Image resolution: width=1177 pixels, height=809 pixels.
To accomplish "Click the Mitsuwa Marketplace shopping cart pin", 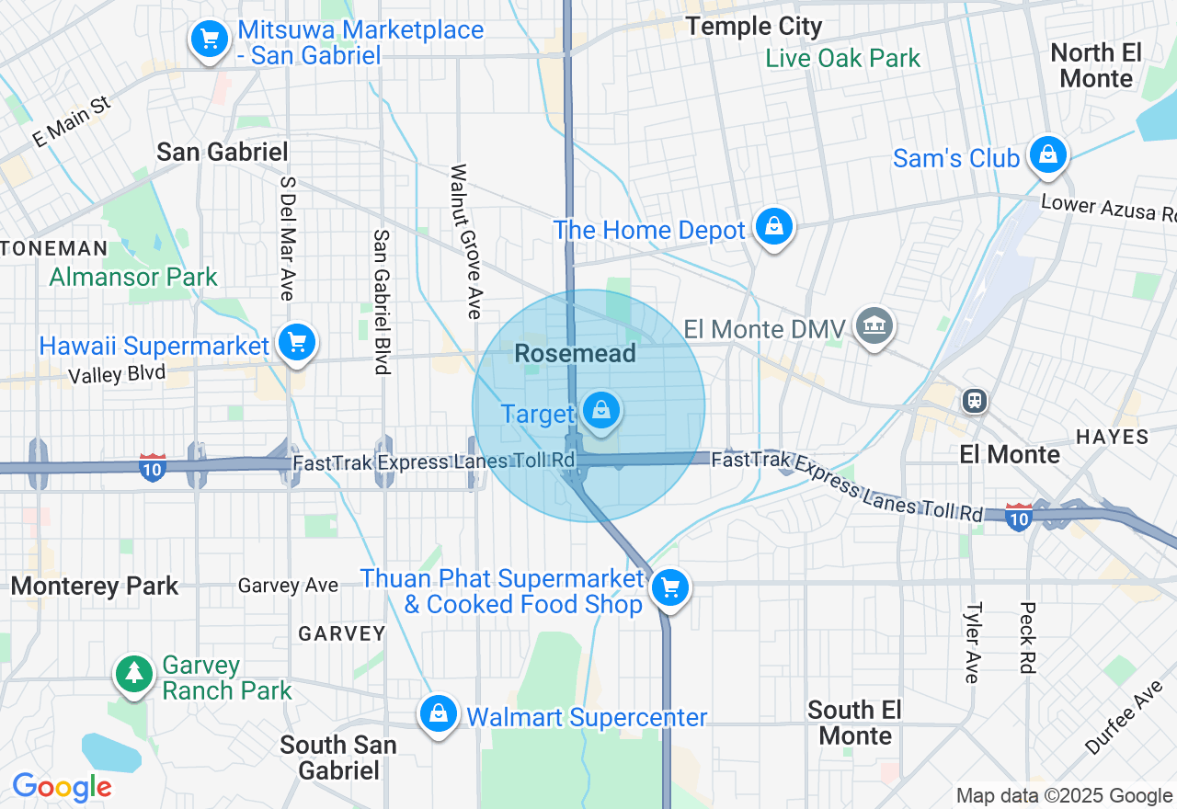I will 210,40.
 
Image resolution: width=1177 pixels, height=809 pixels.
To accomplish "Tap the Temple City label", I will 754,26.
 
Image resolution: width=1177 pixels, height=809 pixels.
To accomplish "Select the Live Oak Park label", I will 843,59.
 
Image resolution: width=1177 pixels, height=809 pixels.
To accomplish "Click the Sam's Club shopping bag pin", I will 1047,154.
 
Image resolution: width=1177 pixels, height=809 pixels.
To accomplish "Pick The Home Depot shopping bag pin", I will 774,226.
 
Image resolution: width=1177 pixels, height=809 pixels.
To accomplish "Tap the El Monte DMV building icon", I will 874,325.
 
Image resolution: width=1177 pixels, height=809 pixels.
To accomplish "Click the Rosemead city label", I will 575,354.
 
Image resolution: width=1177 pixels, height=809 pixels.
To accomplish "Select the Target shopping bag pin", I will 600,410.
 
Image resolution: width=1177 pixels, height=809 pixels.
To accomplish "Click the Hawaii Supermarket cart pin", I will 296,343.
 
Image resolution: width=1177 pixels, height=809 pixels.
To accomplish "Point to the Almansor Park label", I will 133,277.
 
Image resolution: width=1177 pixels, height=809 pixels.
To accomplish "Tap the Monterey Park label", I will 95,587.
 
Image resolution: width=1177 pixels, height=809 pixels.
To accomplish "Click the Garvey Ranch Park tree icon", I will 134,674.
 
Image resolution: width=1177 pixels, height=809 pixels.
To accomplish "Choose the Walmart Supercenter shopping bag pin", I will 439,714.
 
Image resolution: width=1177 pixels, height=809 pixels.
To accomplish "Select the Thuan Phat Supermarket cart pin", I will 669,586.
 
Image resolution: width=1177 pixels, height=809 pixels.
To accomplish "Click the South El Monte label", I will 855,723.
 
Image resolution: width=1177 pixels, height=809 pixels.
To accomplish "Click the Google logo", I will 62,788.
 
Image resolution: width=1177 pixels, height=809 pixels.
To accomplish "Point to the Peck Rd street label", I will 1027,637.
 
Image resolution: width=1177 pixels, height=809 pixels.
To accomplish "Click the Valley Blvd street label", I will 117,374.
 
